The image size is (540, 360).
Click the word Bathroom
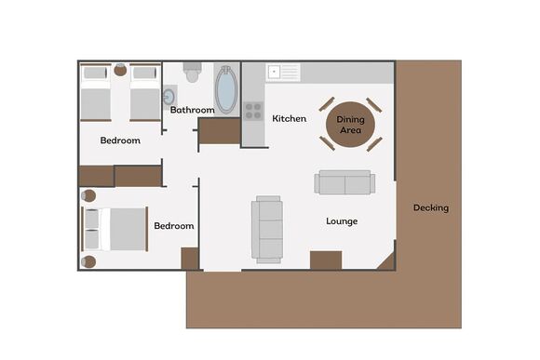[x=192, y=110]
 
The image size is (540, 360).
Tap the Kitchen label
[x=289, y=118]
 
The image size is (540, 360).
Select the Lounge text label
[x=342, y=221]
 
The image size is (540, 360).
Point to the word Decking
[x=430, y=207]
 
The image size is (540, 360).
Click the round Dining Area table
[x=350, y=124]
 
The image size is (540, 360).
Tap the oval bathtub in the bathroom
[x=226, y=90]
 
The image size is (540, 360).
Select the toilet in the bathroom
[x=193, y=73]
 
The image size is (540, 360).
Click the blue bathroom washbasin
[x=169, y=95]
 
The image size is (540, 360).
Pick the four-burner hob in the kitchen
[x=253, y=111]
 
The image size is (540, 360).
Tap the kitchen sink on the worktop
[x=283, y=72]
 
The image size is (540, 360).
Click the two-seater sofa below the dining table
[x=344, y=182]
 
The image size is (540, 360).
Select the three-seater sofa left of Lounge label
[x=267, y=229]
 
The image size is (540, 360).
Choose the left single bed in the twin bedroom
[x=96, y=93]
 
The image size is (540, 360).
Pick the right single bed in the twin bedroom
[x=145, y=93]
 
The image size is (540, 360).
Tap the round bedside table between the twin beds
[x=120, y=70]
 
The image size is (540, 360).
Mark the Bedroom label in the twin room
[x=120, y=140]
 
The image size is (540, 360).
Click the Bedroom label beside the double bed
[x=173, y=226]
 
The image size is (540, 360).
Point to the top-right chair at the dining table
[x=373, y=104]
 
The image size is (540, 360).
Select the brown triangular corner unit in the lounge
[x=387, y=260]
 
